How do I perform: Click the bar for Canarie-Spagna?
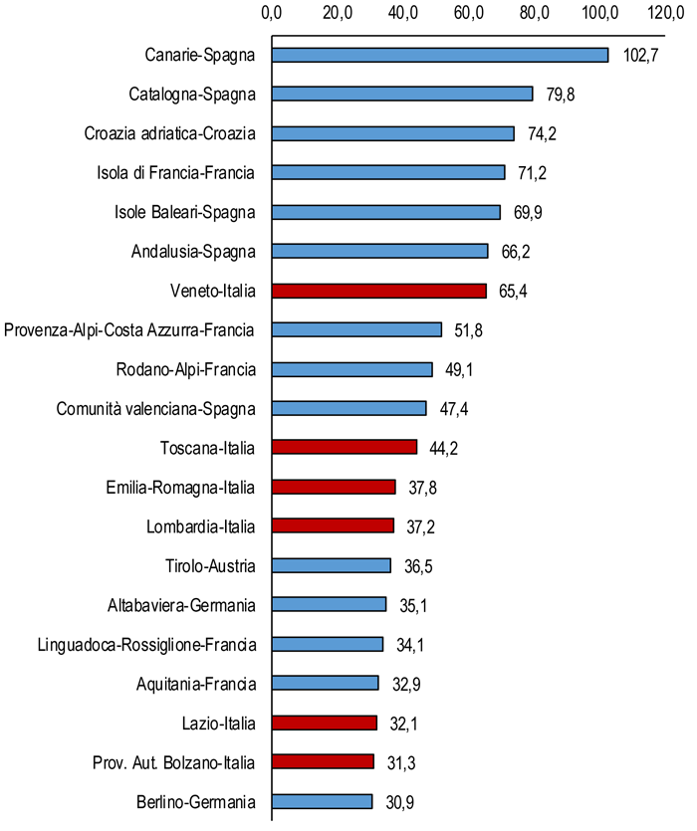point(439,55)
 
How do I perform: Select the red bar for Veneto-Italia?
point(378,291)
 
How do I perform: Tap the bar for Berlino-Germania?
point(322,801)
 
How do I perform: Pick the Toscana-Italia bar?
point(344,448)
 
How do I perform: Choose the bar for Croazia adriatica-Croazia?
point(392,133)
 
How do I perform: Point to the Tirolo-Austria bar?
point(331,565)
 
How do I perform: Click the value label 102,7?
point(642,56)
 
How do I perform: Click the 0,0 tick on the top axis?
point(272,12)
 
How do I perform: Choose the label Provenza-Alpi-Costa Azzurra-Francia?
point(130,330)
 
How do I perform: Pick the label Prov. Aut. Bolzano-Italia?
point(166,762)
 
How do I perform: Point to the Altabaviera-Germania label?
point(181,605)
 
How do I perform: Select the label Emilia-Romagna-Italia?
point(180,488)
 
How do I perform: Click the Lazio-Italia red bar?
point(324,723)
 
